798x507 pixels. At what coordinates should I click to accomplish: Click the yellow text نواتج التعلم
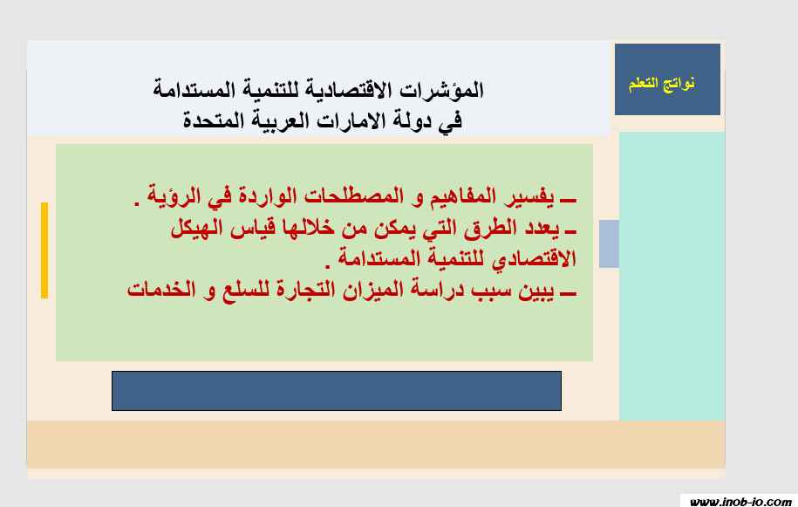[661, 83]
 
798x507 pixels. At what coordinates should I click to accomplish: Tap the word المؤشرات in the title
[441, 90]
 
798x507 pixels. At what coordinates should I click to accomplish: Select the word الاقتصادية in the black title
[349, 90]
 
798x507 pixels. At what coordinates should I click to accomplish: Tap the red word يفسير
[529, 196]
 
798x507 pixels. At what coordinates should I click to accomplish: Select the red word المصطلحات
[354, 196]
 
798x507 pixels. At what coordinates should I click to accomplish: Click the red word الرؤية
[174, 196]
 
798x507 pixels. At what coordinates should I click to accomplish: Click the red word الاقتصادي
[534, 258]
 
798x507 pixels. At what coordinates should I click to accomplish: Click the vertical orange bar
[44, 250]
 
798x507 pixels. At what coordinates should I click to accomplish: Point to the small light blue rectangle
[610, 243]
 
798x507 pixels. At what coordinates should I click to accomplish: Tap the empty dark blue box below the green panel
[337, 391]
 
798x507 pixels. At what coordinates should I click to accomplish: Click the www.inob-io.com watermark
[740, 502]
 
